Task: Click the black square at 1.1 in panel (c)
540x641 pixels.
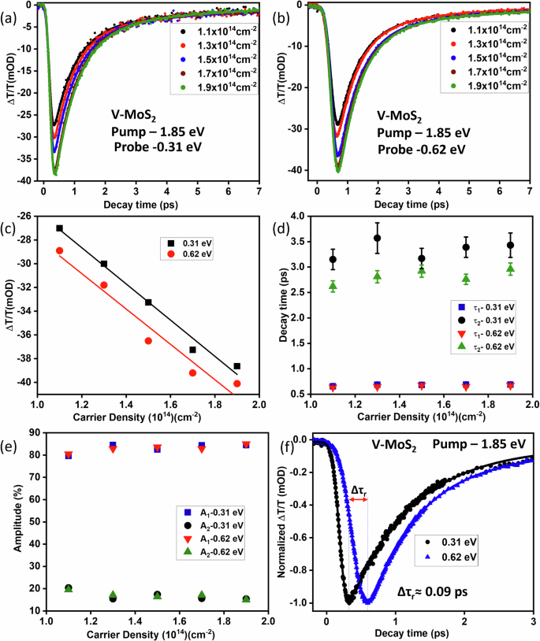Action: tap(59, 228)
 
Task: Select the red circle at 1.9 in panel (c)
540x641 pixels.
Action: tap(236, 383)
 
